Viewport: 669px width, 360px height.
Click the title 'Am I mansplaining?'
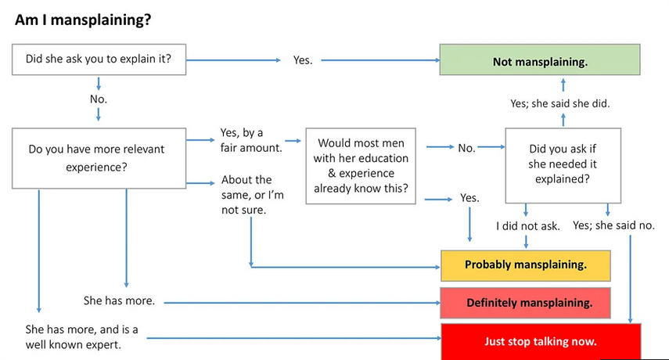[83, 20]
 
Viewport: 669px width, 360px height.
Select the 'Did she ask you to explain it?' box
[99, 59]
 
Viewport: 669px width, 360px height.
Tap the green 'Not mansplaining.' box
[540, 59]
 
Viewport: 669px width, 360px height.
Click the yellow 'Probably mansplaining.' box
[526, 266]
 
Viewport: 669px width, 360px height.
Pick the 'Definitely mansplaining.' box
[526, 303]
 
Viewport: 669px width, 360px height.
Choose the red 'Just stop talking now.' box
[541, 342]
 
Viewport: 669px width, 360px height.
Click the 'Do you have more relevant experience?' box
[99, 158]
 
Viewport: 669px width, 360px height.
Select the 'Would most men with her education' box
[361, 166]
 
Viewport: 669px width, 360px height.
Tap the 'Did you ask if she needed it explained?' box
[563, 165]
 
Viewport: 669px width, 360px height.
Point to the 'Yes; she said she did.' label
[559, 103]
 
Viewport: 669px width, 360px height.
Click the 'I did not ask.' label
[528, 226]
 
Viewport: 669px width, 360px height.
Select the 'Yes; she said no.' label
[613, 225]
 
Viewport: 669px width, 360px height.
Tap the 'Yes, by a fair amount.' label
[251, 140]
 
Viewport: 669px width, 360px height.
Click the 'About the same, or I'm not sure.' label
[253, 195]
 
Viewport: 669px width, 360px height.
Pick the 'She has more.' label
[119, 301]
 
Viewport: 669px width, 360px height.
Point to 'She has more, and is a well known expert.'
[82, 337]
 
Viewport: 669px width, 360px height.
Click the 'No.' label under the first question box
[99, 99]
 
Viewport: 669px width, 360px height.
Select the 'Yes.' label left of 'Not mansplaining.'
[303, 60]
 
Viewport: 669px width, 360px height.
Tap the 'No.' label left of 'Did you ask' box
[467, 148]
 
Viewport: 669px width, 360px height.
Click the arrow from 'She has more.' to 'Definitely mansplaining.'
[303, 303]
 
